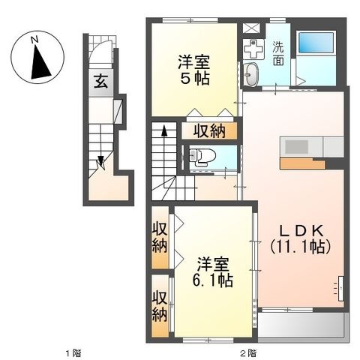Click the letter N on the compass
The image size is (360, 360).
[x=34, y=40]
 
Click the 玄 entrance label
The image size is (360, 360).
[x=100, y=82]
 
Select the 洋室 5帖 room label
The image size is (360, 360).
[x=194, y=70]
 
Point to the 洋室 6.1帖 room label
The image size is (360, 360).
[x=213, y=272]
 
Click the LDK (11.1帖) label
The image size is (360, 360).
[x=301, y=239]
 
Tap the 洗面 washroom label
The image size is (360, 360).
[x=278, y=53]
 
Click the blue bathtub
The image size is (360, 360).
[x=316, y=42]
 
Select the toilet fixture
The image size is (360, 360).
[x=202, y=157]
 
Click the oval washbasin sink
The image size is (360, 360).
[x=250, y=74]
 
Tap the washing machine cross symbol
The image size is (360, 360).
[x=254, y=49]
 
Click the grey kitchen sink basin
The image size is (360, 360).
[x=296, y=147]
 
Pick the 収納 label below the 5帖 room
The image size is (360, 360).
[x=209, y=131]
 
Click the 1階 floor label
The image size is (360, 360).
[x=73, y=353]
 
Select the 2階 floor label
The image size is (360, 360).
[x=248, y=353]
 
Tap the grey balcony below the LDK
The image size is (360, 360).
[x=303, y=325]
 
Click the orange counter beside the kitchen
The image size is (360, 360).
[x=303, y=163]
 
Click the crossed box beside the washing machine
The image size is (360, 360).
[x=251, y=28]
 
